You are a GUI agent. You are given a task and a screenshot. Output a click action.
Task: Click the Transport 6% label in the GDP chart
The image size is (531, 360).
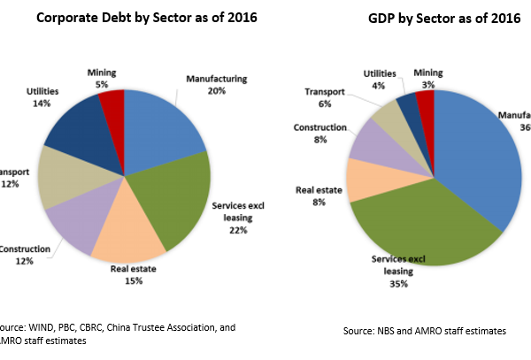pos(318,96)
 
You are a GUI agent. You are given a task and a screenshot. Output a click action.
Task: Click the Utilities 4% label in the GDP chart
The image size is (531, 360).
pos(380,79)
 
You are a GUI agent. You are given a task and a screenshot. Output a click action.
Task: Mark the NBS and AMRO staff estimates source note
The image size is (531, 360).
pos(425,330)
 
